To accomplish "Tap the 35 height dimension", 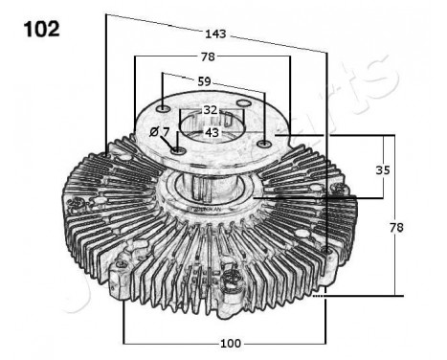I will [x=384, y=170].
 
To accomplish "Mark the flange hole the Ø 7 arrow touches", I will [x=179, y=151].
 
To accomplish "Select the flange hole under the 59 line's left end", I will [x=165, y=106].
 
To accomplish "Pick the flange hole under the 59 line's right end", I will [x=260, y=145].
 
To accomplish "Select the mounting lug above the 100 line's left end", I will [x=123, y=279].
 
